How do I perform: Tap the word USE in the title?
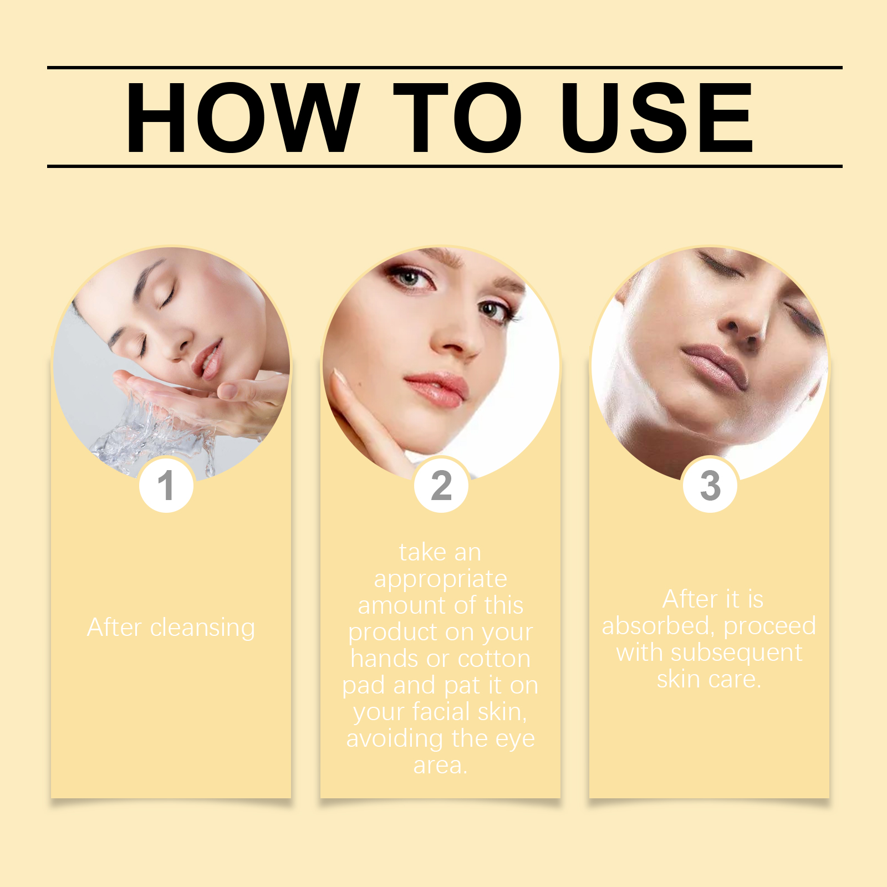[x=657, y=117]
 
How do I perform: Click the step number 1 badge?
[x=166, y=485]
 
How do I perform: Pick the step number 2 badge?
[x=441, y=485]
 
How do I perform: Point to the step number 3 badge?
[x=710, y=485]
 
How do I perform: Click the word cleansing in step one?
[x=202, y=629]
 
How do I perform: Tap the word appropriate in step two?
[x=441, y=580]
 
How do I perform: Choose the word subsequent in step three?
[x=736, y=654]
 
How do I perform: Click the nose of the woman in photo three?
[x=743, y=327]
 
